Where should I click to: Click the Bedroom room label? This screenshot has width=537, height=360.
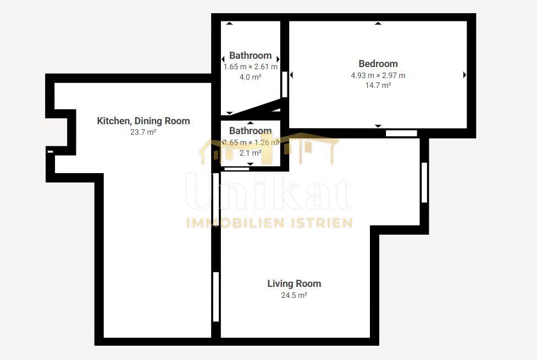[x=378, y=64]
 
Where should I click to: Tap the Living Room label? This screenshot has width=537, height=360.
[x=294, y=284]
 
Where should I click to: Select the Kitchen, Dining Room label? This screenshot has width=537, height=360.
[x=143, y=121]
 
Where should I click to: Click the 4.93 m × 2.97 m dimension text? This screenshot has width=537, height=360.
[x=378, y=75]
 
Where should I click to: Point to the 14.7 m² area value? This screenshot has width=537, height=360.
[x=378, y=85]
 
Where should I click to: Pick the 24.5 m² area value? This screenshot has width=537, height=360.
[x=294, y=295]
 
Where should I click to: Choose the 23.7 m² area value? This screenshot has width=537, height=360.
[x=143, y=132]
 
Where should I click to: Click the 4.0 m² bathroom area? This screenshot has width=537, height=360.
[x=250, y=77]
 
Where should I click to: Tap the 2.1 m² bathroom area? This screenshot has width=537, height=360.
[x=250, y=153]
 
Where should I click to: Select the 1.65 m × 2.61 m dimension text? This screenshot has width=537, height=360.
[x=250, y=67]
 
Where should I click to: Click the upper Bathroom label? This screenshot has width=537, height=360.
[x=250, y=56]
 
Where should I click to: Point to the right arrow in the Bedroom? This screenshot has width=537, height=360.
[x=464, y=75]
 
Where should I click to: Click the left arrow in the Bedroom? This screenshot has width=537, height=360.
[x=291, y=75]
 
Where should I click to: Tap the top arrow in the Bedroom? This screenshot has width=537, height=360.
[x=378, y=23]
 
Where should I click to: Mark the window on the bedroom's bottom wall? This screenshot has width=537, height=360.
[x=401, y=133]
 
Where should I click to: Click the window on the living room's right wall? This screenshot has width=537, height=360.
[x=424, y=182]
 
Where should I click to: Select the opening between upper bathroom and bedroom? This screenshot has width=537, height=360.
[x=285, y=84]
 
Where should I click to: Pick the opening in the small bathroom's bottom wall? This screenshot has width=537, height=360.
[x=237, y=169]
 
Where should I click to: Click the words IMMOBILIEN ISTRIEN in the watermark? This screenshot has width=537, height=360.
[x=269, y=223]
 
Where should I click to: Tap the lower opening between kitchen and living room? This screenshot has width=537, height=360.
[x=216, y=297]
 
